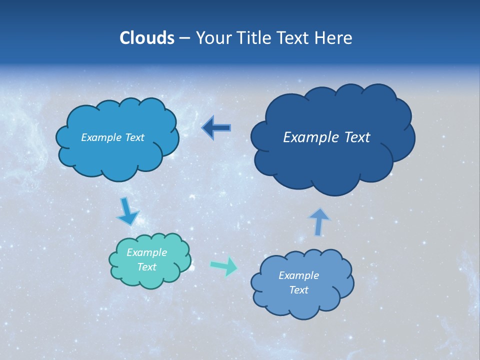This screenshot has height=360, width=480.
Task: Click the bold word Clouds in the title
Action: (147, 38)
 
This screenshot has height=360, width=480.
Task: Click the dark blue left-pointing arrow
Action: (216, 128)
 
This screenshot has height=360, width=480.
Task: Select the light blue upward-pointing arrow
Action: (319, 221)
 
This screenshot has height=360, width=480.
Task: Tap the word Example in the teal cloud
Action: (146, 252)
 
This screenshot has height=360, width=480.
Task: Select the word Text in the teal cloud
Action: (146, 267)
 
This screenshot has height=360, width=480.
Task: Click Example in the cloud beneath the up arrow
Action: (298, 275)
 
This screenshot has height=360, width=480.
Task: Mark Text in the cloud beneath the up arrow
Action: (298, 290)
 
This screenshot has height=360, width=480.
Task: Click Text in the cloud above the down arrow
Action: (134, 137)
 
